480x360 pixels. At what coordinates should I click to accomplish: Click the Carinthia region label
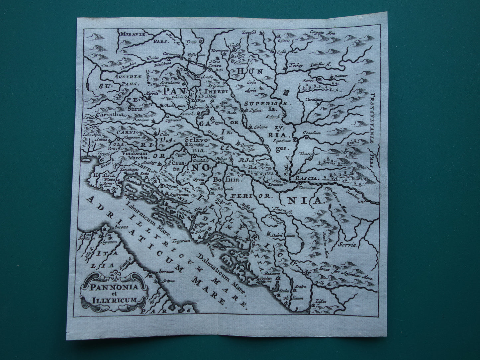pyautogui.click(x=110, y=114)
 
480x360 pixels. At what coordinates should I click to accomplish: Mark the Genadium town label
pyautogui.click(x=311, y=133)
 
